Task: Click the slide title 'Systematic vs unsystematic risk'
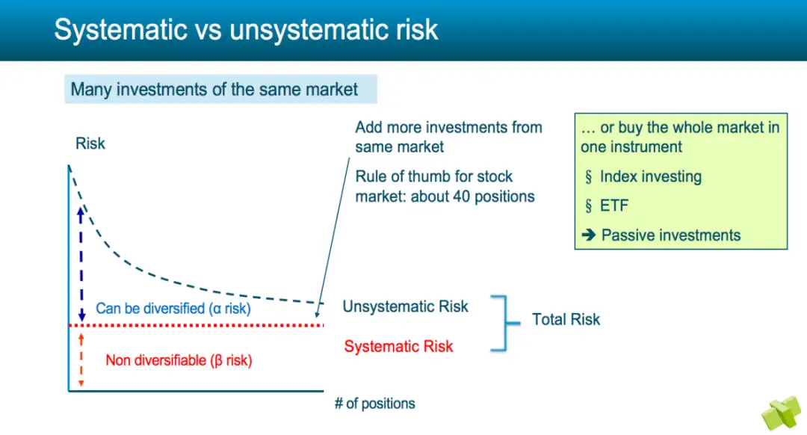coord(246,29)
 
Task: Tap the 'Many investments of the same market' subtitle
coord(214,89)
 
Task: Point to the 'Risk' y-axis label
coord(90,143)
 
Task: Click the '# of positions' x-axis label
coord(374,403)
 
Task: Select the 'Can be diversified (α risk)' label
coord(173,309)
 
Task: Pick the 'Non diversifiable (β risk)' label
coord(179,360)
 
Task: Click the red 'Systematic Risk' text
coord(398,347)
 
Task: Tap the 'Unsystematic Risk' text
coord(406,306)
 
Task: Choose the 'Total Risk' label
coord(566,319)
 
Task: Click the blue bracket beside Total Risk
coord(507,324)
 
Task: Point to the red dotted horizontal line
coord(196,325)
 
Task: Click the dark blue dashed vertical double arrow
coord(81,265)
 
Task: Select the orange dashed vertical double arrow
coord(81,360)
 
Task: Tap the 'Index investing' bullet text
coord(651,176)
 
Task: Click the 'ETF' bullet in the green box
coord(614,206)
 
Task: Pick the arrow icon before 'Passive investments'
coord(589,235)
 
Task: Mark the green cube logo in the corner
coord(782,413)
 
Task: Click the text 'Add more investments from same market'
coord(449,137)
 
